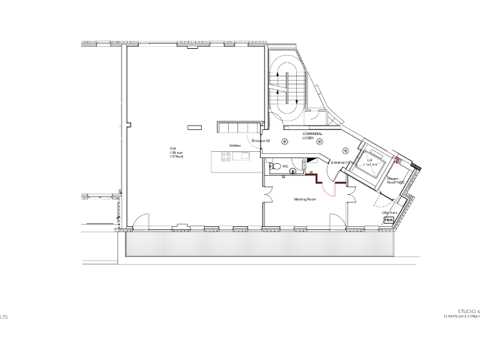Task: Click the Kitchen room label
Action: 235,145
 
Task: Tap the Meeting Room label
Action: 306,199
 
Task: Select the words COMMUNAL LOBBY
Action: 312,136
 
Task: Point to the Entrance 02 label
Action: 260,141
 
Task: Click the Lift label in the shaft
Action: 369,161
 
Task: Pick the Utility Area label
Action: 390,212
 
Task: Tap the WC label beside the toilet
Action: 285,166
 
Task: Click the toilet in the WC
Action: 273,167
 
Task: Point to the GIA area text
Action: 174,153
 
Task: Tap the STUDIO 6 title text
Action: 468,311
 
